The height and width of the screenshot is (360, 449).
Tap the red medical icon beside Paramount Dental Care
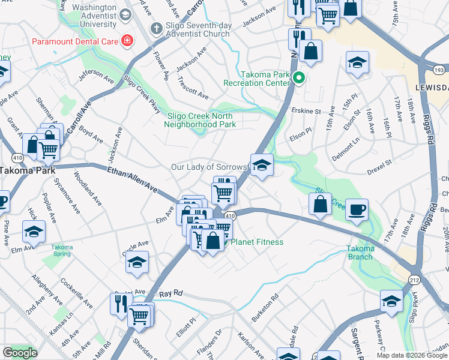(127, 41)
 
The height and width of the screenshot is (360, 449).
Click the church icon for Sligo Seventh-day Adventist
(155, 28)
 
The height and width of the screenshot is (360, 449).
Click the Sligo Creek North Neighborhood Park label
(201, 120)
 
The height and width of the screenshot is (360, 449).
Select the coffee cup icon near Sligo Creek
(357, 209)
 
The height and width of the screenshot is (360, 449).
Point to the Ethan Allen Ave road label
(132, 180)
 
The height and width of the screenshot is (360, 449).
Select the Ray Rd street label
(171, 295)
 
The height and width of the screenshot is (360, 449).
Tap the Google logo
(20, 353)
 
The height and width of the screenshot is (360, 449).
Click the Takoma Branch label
(360, 253)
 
